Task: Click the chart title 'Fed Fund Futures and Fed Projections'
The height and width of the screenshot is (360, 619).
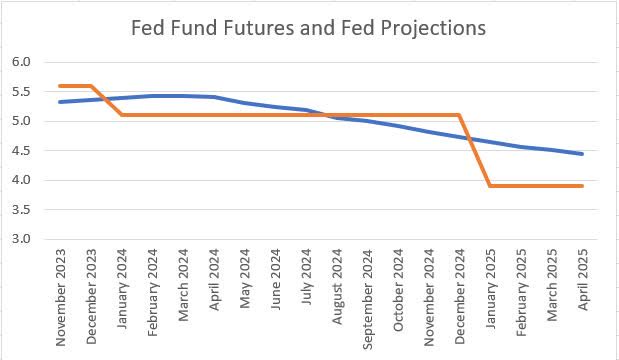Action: (x=309, y=28)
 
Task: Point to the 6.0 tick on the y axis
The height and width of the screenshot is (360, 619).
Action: (x=21, y=62)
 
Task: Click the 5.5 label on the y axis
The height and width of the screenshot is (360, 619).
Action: (x=21, y=92)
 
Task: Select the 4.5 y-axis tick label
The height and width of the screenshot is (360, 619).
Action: (x=21, y=151)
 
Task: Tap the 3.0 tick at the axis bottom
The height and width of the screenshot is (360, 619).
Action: (x=21, y=240)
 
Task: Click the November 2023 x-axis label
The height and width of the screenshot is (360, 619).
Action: (x=62, y=296)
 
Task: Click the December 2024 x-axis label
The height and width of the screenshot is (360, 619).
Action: (x=459, y=297)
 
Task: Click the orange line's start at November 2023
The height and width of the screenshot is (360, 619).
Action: (x=61, y=86)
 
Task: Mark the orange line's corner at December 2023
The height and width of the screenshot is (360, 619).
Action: (x=92, y=86)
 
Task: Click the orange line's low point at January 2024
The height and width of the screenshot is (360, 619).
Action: (x=122, y=115)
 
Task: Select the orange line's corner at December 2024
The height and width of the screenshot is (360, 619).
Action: (x=459, y=115)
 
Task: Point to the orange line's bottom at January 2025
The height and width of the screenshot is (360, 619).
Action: (x=490, y=186)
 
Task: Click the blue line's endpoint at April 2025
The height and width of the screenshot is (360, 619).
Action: (x=582, y=154)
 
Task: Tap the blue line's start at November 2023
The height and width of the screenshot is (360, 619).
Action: (x=61, y=102)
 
